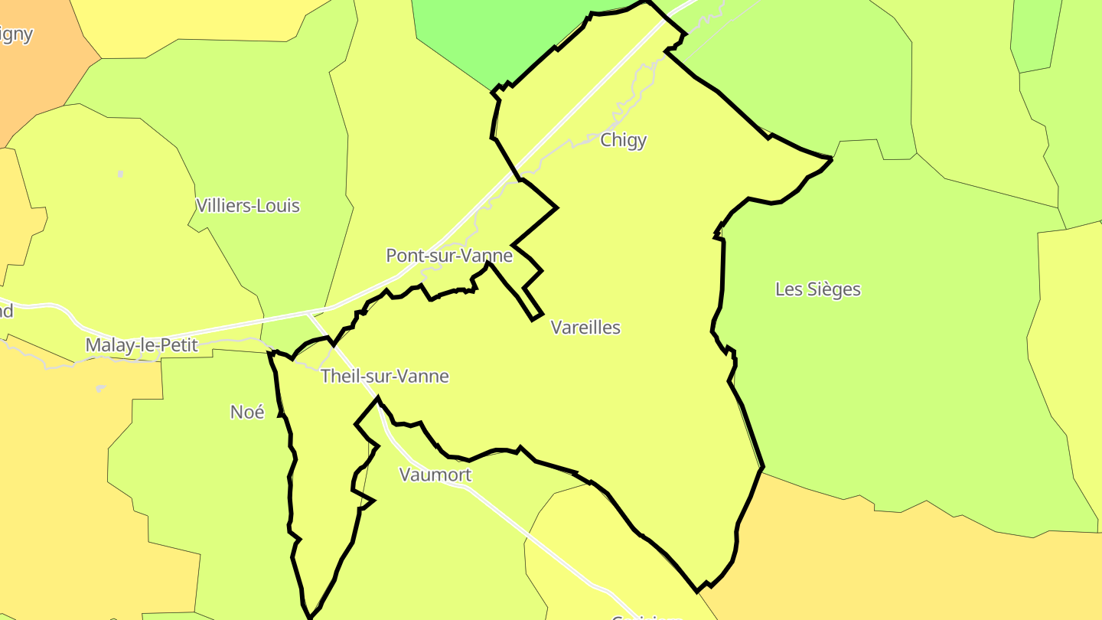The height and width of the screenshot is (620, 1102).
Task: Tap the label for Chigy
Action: [x=623, y=140]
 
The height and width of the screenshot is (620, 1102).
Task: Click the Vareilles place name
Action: [x=585, y=328]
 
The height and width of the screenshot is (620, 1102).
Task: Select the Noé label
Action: [x=247, y=412]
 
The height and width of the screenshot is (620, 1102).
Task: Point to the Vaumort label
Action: [x=435, y=475]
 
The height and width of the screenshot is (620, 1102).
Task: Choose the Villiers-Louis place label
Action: [x=248, y=206]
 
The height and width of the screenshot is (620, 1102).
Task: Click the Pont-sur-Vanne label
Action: [x=448, y=256]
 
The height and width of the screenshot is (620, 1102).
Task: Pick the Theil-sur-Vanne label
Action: [x=384, y=377]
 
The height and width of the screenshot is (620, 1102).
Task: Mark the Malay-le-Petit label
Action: [x=142, y=345]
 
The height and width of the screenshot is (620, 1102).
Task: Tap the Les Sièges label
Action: [x=817, y=289]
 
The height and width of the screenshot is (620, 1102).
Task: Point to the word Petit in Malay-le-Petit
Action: [x=178, y=345]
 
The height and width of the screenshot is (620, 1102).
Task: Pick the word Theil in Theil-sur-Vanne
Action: [x=339, y=377]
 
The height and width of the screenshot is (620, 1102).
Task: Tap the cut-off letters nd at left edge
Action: [x=6, y=312]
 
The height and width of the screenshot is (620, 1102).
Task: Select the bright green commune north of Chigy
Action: [x=490, y=38]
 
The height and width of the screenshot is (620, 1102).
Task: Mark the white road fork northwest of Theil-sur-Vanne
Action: [x=308, y=313]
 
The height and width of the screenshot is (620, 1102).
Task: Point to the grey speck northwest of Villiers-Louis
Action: [x=120, y=175]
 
